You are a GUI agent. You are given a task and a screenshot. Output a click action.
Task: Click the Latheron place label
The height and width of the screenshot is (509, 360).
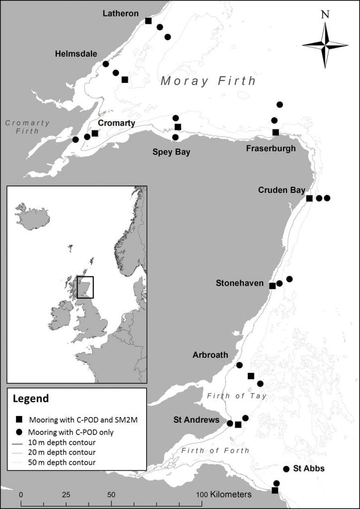click(120, 13)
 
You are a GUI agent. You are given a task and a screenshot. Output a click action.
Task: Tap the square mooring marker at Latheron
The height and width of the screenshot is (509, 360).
click(148, 20)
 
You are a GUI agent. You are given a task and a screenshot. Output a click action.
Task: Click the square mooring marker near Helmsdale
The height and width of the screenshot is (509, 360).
click(125, 80)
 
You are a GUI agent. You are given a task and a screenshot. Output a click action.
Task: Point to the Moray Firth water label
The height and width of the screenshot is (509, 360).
click(208, 81)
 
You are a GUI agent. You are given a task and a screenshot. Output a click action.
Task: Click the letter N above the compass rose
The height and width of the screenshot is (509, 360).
click(325, 14)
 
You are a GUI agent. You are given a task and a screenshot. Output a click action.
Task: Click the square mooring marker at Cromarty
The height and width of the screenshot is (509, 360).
click(95, 133)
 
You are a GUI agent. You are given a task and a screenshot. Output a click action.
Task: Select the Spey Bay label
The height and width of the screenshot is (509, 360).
click(171, 152)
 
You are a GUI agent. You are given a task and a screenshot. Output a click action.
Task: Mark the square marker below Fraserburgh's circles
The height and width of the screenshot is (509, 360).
click(275, 132)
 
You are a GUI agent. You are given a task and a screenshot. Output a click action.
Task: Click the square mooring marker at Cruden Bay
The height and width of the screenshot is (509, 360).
click(309, 198)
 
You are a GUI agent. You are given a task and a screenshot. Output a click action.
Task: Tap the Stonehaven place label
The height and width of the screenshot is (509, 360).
click(239, 283)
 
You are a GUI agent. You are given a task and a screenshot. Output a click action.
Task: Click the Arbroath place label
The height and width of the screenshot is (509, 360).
click(210, 355)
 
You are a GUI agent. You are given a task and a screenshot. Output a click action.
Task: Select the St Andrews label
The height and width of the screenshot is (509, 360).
click(196, 420)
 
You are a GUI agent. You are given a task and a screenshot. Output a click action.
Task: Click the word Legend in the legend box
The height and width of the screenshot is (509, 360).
click(30, 399)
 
